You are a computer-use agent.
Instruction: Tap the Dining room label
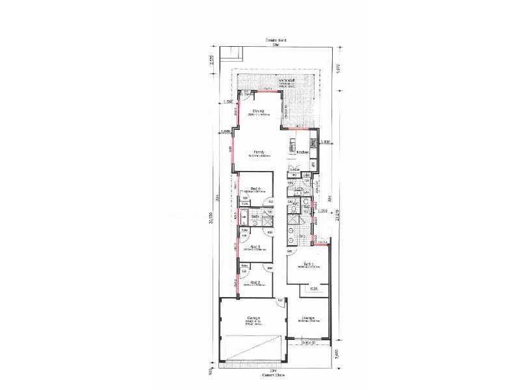pyautogui.click(x=258, y=112)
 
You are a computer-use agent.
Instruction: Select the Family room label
pyautogui.click(x=258, y=152)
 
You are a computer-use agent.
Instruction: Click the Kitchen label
pyautogui.click(x=303, y=153)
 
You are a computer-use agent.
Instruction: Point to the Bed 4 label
pyautogui.click(x=255, y=188)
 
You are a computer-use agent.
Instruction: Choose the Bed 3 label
pyautogui.click(x=255, y=246)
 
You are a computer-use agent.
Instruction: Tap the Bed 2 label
pyautogui.click(x=255, y=282)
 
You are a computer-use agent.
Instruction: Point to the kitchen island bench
pyautogui.click(x=292, y=147)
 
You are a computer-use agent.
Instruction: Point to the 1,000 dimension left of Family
pyautogui.click(x=226, y=132)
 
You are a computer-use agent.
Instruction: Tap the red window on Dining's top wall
pyautogui.click(x=265, y=92)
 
